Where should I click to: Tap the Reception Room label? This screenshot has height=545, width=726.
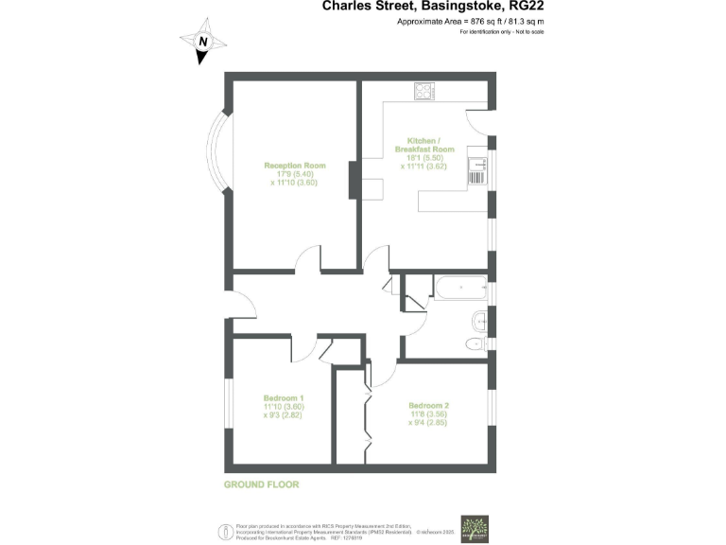pos(294,166)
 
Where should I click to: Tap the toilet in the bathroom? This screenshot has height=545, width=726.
pos(476,345)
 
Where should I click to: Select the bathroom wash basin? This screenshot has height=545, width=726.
pos(479,319)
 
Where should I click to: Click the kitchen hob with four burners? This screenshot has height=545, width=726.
pos(423,92)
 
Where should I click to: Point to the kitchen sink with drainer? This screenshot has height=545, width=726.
pos(477,170)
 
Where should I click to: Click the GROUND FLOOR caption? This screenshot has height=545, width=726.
pos(261,484)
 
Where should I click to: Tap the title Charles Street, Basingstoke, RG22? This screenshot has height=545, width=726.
pos(433,6)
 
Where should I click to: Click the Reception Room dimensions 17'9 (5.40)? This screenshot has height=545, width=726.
pos(294,175)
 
